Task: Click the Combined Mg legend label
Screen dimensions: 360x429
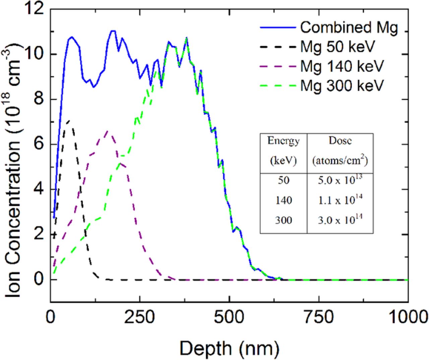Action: pyautogui.click(x=349, y=28)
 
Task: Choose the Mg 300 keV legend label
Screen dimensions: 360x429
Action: pyautogui.click(x=341, y=86)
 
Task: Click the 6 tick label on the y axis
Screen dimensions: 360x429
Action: pyautogui.click(x=40, y=145)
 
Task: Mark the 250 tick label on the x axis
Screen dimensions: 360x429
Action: pyautogui.click(x=139, y=317)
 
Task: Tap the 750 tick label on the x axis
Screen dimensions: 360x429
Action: pyautogui.click(x=319, y=317)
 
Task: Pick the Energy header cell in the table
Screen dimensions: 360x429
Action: pyautogui.click(x=283, y=151)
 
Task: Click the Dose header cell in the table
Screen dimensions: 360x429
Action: pyautogui.click(x=340, y=151)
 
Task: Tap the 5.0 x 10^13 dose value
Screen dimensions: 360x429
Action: pyautogui.click(x=340, y=181)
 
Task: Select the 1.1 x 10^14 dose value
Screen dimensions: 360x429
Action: pyautogui.click(x=340, y=200)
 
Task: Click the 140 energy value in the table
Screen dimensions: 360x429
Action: pyautogui.click(x=283, y=201)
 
